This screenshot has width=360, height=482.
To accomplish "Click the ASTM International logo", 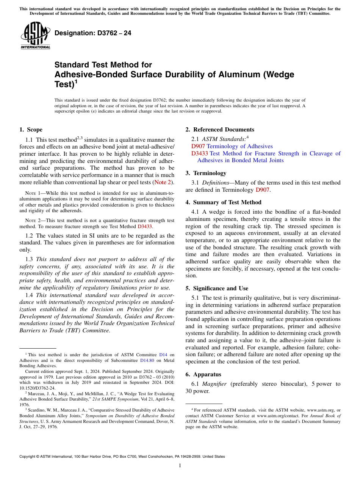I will click(x=35, y=36).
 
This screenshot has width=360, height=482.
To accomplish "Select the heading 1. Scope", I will click(x=31, y=130).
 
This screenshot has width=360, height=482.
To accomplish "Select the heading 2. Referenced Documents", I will click(x=220, y=130).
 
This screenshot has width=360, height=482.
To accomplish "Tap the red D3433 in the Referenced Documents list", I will click(x=199, y=153).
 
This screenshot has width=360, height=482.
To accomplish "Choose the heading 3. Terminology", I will click(x=206, y=173).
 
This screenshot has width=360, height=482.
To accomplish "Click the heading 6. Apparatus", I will click(x=203, y=374).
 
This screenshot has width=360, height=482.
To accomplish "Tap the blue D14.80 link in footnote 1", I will click(x=147, y=360).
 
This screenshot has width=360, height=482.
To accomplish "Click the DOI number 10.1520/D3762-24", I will click(x=37, y=388).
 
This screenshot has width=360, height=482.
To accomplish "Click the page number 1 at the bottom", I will click(x=180, y=466).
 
